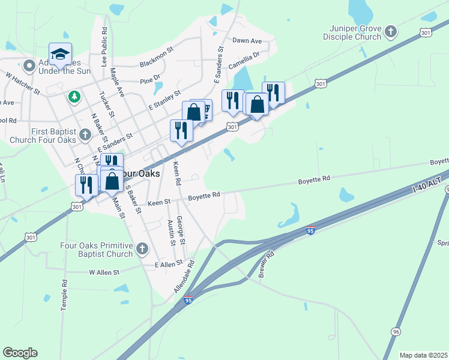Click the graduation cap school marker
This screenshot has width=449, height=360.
(60, 54)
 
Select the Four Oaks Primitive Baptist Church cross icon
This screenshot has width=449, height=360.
(142, 248)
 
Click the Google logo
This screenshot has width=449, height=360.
(20, 353)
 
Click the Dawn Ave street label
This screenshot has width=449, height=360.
(247, 41)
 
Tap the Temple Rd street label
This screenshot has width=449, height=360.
(64, 295)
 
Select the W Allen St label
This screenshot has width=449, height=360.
(104, 272)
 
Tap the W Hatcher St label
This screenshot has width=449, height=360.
(23, 84)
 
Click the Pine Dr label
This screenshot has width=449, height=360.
(150, 78)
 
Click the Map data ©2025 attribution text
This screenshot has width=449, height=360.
(424, 355)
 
